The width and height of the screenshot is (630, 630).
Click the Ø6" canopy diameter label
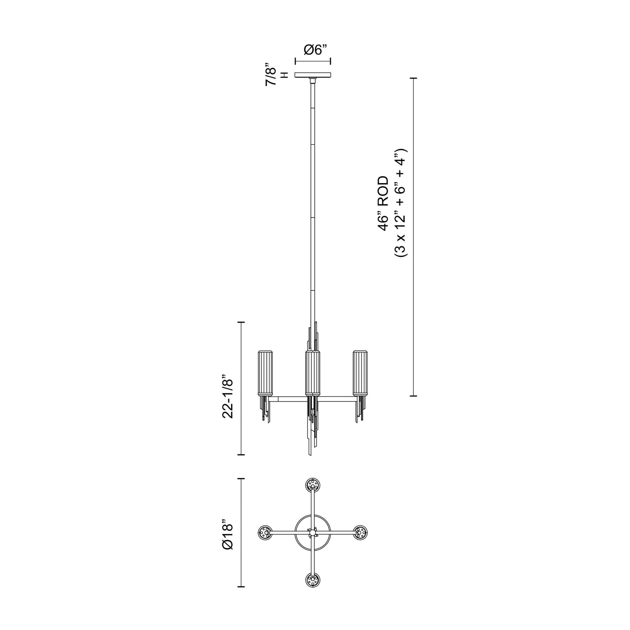pos(313,50)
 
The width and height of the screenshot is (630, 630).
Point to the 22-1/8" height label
pos(228,396)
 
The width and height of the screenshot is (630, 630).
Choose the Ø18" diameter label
pos(228,534)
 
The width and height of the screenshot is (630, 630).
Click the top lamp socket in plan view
pos(313,485)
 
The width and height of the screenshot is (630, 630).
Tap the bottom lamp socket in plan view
pos(313,580)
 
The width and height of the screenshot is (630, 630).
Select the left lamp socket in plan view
pos(265,532)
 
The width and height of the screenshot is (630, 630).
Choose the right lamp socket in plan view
pos(360,532)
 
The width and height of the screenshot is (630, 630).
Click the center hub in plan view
pos(313,532)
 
